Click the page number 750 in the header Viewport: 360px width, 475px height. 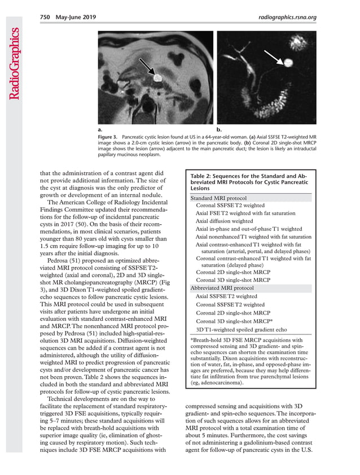coord(46,17)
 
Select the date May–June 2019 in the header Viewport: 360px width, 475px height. coord(75,17)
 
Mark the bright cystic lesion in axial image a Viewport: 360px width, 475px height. coord(157,75)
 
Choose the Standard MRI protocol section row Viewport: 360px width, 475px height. coord(218,198)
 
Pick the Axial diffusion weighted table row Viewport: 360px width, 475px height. coord(225,221)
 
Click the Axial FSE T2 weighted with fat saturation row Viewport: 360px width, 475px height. coord(245,213)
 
